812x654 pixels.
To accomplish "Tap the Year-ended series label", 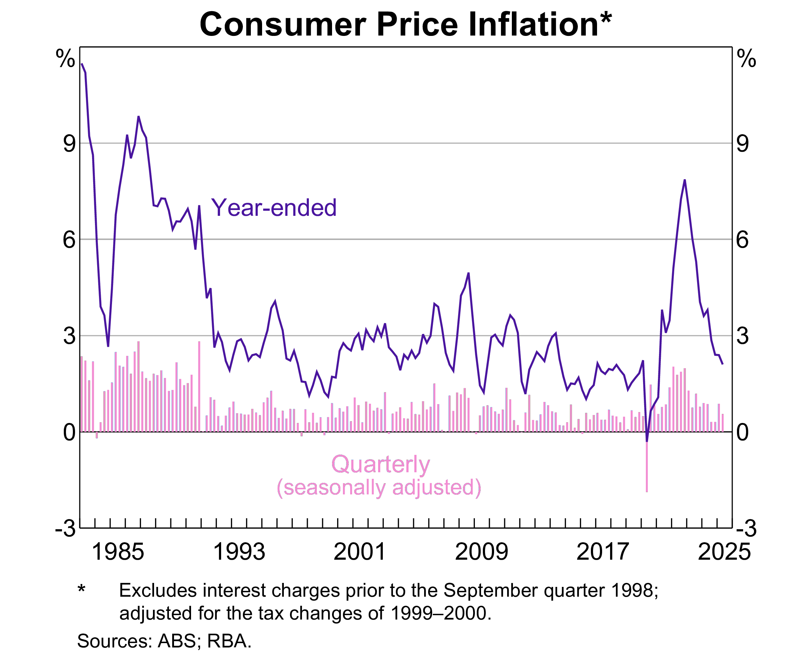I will [x=274, y=208].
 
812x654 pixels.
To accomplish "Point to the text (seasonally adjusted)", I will [x=379, y=488].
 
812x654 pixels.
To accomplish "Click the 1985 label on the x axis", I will [x=118, y=552].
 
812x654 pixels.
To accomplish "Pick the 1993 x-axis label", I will [x=239, y=552].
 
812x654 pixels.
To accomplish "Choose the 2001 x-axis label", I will [x=360, y=552].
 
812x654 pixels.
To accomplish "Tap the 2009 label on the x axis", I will [x=482, y=552].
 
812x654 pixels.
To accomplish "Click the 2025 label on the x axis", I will [x=724, y=552].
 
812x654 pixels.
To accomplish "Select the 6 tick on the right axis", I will [x=743, y=240].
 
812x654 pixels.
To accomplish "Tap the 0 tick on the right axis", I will [x=743, y=432].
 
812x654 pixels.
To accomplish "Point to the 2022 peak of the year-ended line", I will [x=685, y=180].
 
